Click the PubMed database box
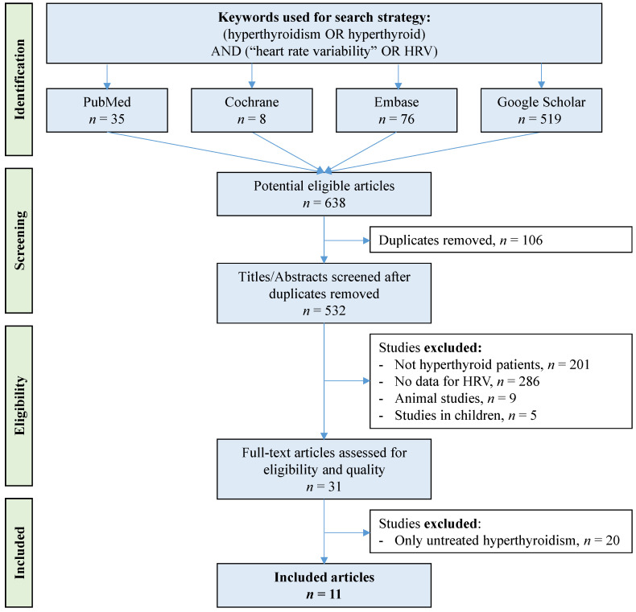(x=107, y=110)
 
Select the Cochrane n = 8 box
(x=252, y=110)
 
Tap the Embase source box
(x=397, y=110)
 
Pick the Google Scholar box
(x=542, y=110)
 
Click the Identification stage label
(x=19, y=80)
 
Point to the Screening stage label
(x=19, y=240)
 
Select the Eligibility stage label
(x=19, y=405)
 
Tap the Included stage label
(x=19, y=552)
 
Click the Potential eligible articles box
(x=324, y=194)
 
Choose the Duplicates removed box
(x=501, y=240)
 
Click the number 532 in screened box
(x=336, y=311)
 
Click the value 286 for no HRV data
(x=529, y=381)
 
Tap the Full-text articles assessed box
(x=324, y=470)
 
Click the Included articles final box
(x=324, y=585)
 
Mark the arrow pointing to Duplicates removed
(x=347, y=240)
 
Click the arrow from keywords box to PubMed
(x=107, y=76)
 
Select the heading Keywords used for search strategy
(x=324, y=18)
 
